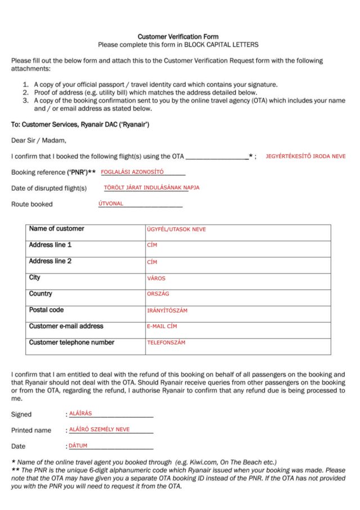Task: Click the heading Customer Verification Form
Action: [x=178, y=37]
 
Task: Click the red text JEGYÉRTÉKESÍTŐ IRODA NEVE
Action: [x=305, y=156]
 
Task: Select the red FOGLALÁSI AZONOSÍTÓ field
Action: [x=132, y=172]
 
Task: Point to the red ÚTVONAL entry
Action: [x=111, y=204]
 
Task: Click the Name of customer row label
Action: [x=56, y=229]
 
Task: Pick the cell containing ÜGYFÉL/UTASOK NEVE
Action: [x=176, y=230]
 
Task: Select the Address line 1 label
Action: [x=50, y=245]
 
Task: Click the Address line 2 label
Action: [x=50, y=261]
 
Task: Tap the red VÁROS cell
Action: [x=156, y=278]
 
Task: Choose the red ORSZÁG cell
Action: [x=158, y=294]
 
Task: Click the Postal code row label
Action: [x=46, y=310]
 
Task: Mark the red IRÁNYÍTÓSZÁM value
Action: [x=167, y=310]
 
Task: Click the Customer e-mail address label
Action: [x=66, y=326]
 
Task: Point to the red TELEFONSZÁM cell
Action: [x=166, y=342]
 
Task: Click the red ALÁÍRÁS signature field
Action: [x=80, y=413]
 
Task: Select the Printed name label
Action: [x=31, y=430]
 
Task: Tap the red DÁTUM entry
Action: [x=78, y=445]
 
